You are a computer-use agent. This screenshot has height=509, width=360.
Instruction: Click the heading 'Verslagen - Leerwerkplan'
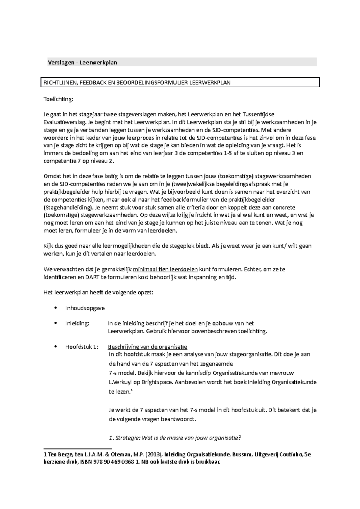point(82,63)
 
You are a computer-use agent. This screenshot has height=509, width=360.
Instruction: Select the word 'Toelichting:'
point(58,100)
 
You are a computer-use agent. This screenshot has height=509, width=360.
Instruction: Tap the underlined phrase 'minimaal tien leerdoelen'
point(165,269)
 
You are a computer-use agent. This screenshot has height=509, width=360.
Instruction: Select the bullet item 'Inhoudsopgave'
point(85,308)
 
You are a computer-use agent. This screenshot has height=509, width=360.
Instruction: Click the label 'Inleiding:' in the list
point(77,323)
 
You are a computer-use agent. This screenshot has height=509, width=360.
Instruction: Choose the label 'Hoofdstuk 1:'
point(82,347)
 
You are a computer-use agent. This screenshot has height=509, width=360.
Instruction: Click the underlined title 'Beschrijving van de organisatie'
point(147,347)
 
